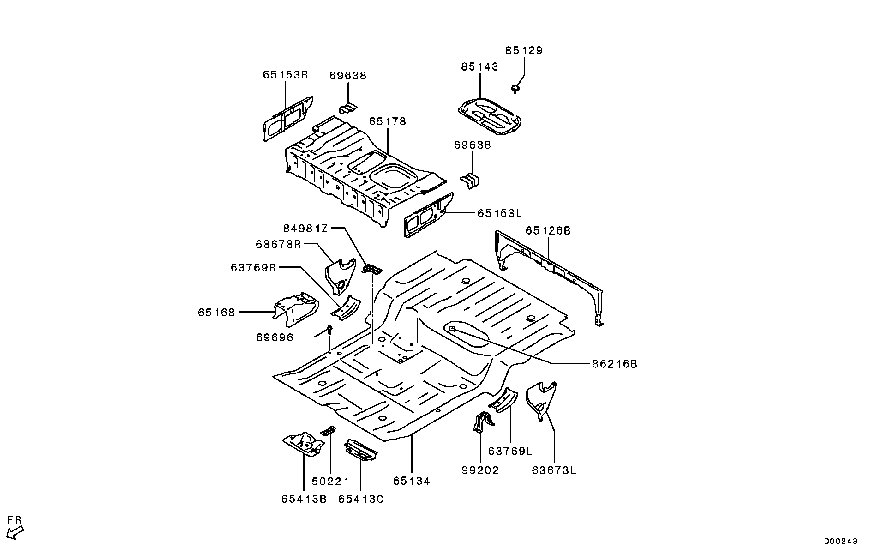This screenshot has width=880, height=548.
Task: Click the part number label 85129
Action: tap(523, 50)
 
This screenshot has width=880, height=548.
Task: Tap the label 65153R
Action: tap(285, 75)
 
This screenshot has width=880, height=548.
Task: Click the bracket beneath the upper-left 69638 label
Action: tap(348, 108)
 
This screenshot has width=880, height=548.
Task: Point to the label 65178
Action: tap(387, 121)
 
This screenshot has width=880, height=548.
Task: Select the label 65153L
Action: tap(499, 213)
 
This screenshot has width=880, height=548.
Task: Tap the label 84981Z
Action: tap(305, 228)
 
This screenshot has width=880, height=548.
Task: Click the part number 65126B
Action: tap(548, 230)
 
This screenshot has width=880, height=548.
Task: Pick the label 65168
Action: tap(216, 313)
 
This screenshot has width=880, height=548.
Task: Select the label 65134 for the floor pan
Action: tap(411, 481)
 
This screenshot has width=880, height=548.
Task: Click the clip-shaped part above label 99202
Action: tap(483, 421)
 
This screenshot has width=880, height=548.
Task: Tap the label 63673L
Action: tap(554, 470)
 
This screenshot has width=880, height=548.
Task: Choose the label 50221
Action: tap(330, 482)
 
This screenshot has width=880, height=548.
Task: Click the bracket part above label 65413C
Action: tap(360, 450)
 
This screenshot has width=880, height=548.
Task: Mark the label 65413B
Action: tap(304, 499)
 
